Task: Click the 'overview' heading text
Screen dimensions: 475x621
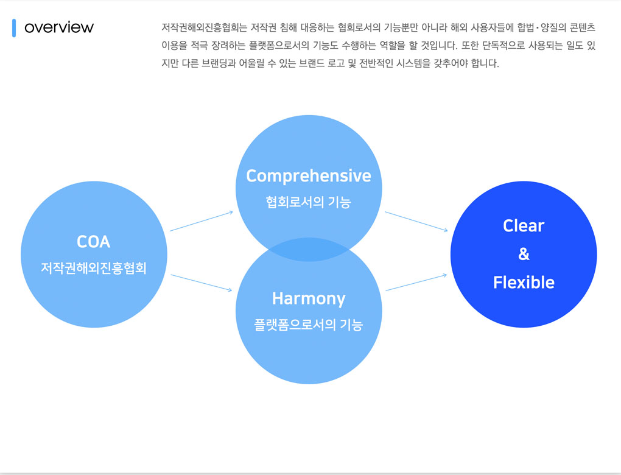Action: (x=59, y=27)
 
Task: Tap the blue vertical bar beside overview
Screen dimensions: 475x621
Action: (x=14, y=27)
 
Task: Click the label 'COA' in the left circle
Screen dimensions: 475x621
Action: (x=94, y=242)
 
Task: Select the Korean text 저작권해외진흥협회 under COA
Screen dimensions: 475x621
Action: (x=94, y=268)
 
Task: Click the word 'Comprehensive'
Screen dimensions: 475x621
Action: (x=309, y=176)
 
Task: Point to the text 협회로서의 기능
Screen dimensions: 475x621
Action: (x=309, y=202)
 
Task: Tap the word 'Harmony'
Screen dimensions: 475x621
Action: (x=309, y=298)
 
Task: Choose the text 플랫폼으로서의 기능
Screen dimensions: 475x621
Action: (x=309, y=325)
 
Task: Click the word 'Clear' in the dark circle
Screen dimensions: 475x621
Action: (x=524, y=226)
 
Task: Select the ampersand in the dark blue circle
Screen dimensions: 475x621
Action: (x=524, y=254)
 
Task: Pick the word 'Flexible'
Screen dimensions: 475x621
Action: (x=524, y=283)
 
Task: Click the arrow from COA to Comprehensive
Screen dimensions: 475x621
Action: (x=202, y=221)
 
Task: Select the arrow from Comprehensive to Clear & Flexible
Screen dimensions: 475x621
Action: (x=416, y=222)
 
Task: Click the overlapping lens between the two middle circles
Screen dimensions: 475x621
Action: (x=309, y=250)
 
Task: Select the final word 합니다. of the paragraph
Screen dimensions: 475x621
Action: (x=485, y=63)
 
